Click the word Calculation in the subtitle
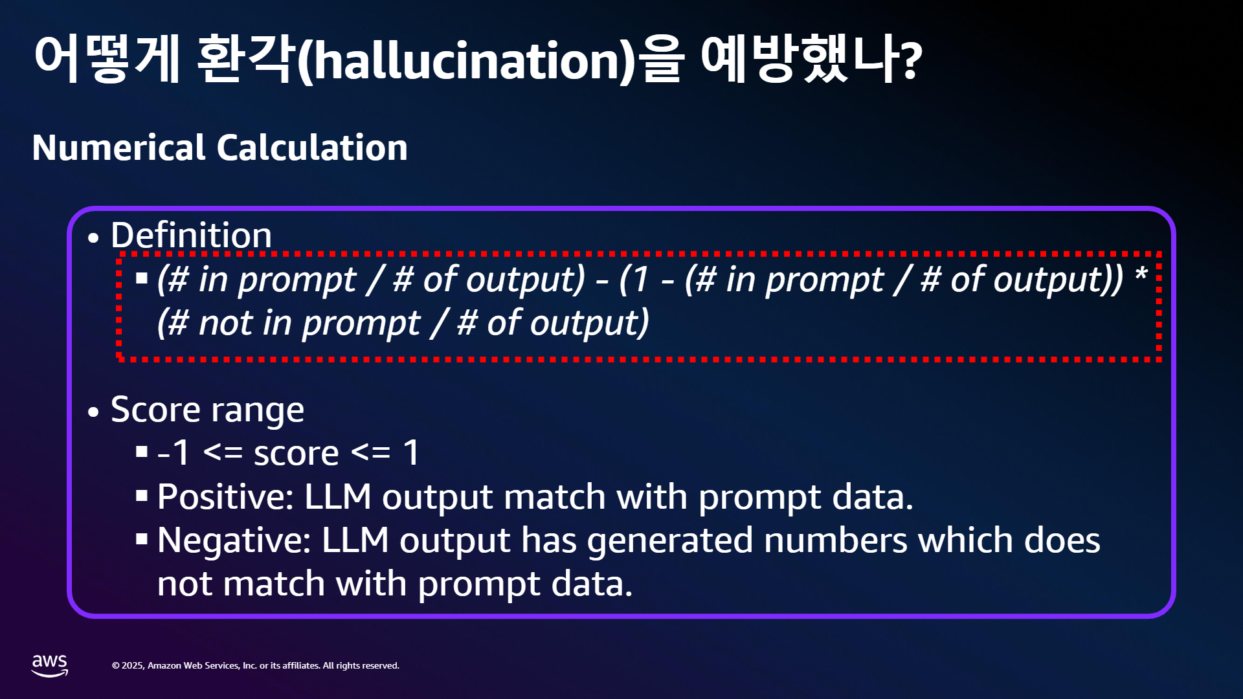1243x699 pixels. point(312,148)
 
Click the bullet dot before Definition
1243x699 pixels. point(94,238)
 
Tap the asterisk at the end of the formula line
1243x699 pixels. point(1141,273)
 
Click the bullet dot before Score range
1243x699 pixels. point(94,412)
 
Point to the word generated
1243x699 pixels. point(670,541)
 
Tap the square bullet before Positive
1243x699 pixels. point(142,496)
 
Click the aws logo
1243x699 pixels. point(50,665)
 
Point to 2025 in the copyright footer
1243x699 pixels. point(133,665)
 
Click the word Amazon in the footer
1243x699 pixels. point(164,665)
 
